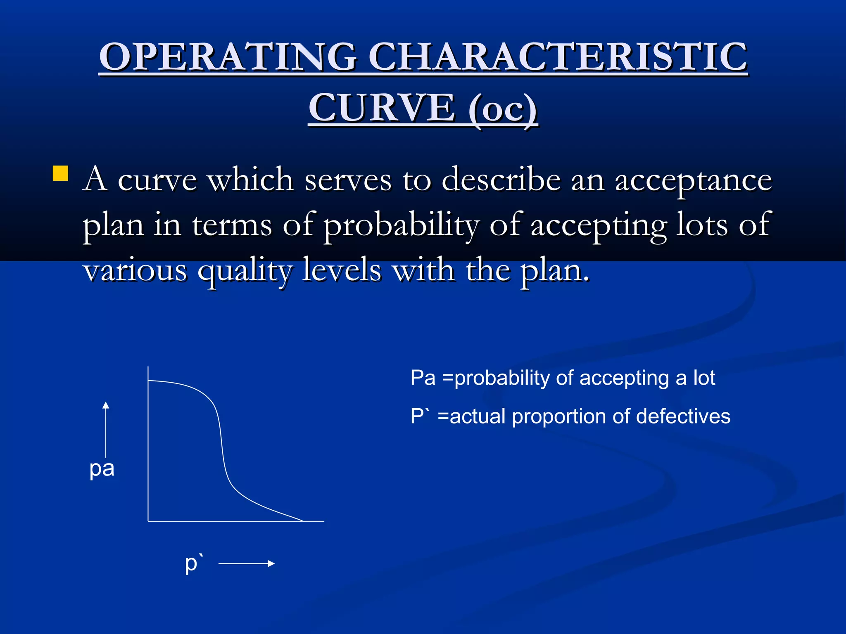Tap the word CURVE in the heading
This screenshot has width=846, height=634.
(x=382, y=108)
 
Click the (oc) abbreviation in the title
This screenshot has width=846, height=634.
(x=503, y=109)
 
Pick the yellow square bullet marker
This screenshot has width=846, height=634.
(x=60, y=173)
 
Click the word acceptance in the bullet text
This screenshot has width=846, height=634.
(x=693, y=180)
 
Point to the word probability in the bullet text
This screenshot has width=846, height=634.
(x=401, y=225)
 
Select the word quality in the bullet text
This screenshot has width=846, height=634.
(x=245, y=271)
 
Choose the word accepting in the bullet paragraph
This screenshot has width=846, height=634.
(x=599, y=225)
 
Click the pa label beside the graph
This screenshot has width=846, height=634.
(x=102, y=469)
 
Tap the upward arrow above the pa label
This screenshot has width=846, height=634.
(x=106, y=429)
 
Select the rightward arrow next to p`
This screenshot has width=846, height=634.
(x=247, y=563)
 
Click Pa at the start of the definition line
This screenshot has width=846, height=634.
(x=423, y=378)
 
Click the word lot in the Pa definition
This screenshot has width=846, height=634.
(x=704, y=378)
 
